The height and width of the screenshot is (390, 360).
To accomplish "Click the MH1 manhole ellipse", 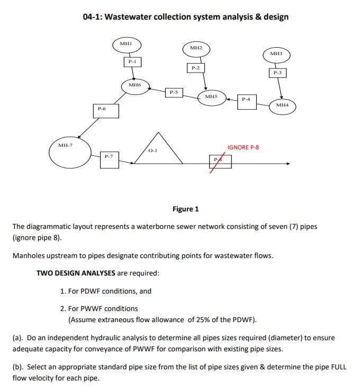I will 125,45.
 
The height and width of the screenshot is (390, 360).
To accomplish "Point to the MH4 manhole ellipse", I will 282,106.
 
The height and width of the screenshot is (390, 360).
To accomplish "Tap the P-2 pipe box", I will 195,68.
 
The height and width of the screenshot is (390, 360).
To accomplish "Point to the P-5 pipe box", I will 173,93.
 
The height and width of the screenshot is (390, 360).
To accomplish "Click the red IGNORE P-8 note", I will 243,147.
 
